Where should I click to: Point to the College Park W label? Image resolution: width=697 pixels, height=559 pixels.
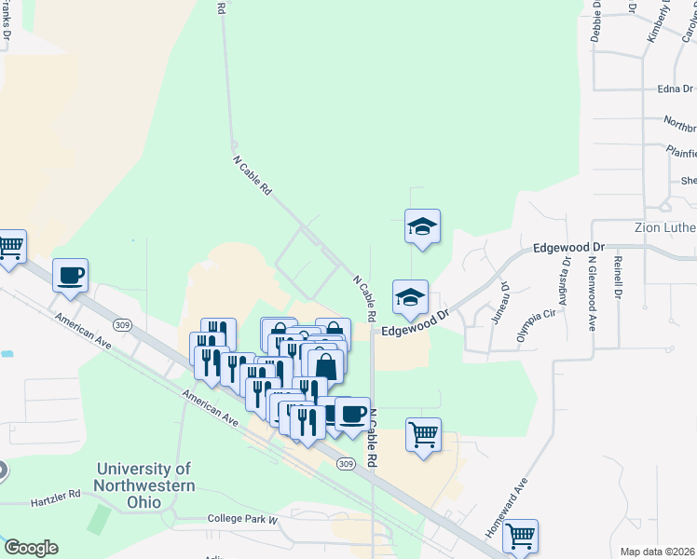pyautogui.click(x=242, y=518)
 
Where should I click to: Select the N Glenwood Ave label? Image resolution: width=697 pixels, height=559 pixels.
pyautogui.click(x=592, y=293)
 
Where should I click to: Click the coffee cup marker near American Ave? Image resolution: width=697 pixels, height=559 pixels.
pyautogui.click(x=70, y=276)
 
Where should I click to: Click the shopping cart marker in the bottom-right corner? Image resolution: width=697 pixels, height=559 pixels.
pyautogui.click(x=520, y=536)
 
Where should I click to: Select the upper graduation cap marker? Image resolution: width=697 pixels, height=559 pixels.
pyautogui.click(x=422, y=226)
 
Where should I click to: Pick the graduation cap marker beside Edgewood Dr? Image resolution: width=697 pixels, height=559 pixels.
pyautogui.click(x=410, y=297)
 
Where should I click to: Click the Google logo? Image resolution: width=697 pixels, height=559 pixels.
pyautogui.click(x=30, y=548)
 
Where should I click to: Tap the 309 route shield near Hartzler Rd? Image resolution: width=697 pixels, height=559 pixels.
pyautogui.click(x=346, y=464)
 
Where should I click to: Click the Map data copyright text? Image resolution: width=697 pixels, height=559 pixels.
pyautogui.click(x=657, y=552)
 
